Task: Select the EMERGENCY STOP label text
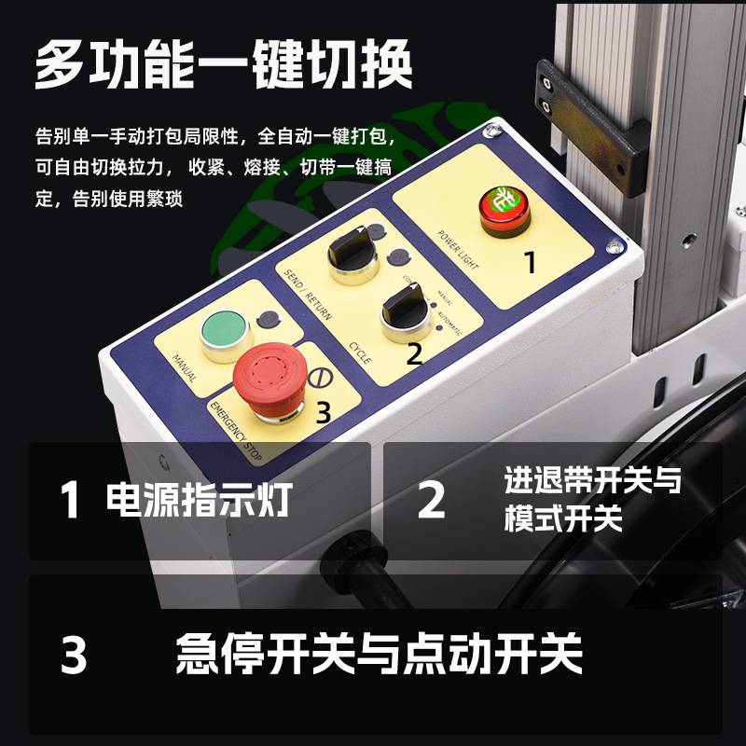[x=238, y=432]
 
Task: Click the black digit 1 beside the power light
[x=529, y=263]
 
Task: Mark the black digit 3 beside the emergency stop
[x=322, y=411]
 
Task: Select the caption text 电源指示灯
[x=199, y=500]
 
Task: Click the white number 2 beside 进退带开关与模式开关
[x=431, y=501]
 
